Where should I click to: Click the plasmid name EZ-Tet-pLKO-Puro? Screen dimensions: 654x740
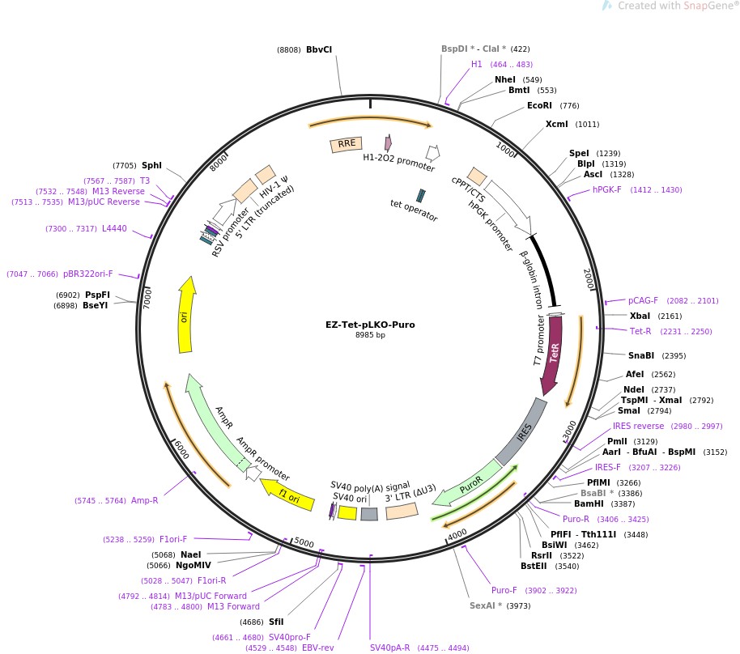tap(370, 325)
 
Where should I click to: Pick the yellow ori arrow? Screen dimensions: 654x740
tap(187, 315)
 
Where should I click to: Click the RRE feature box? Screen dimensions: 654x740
tap(346, 144)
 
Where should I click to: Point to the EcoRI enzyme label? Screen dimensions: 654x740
tap(540, 105)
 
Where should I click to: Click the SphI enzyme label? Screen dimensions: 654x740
tap(151, 165)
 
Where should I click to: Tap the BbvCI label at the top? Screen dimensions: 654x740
tap(319, 49)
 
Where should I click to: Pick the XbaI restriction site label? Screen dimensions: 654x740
tap(640, 316)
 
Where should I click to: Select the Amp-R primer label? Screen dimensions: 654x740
tap(145, 501)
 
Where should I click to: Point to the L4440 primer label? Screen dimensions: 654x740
tap(114, 229)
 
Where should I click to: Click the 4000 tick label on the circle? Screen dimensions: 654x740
tap(457, 534)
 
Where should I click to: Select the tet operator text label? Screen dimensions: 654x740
tap(414, 213)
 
